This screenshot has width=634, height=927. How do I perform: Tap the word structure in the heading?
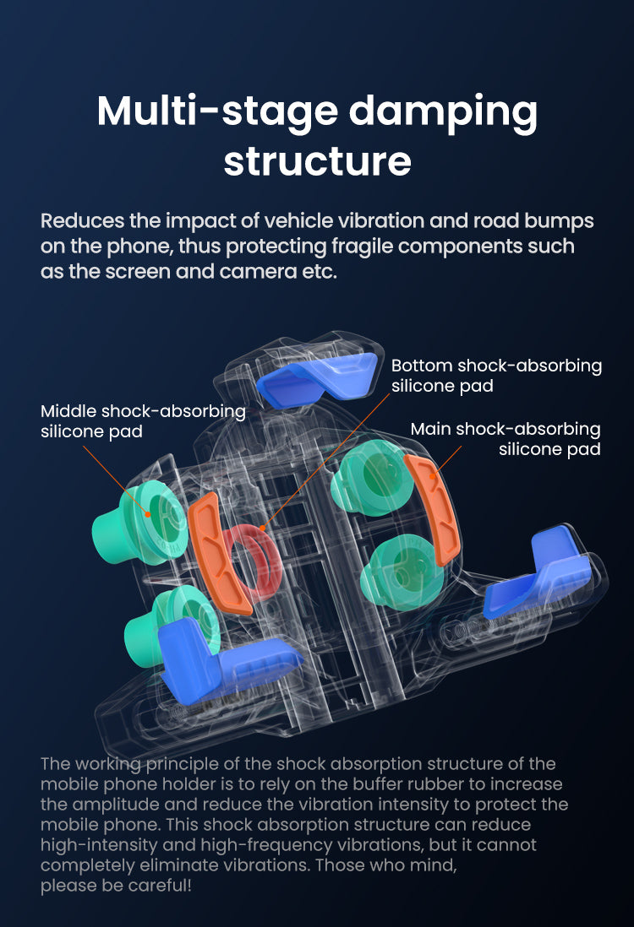point(317,160)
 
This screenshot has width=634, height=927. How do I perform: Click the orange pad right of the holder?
point(431,508)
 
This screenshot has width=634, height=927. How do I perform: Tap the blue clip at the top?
point(317,377)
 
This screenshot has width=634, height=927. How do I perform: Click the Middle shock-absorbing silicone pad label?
point(143,421)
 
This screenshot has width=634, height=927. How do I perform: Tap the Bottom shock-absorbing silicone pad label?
point(496,376)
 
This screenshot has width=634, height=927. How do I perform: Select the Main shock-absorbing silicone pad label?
point(506,439)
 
